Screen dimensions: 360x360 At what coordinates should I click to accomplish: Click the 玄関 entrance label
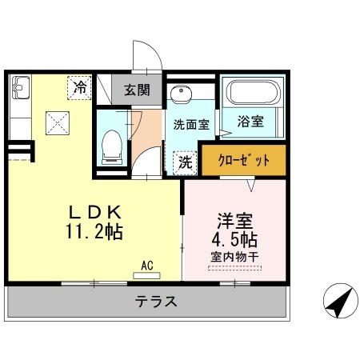tap(137, 89)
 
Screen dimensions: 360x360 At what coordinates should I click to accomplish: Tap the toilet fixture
tap(111, 146)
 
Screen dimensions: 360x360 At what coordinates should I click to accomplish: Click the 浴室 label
tap(251, 122)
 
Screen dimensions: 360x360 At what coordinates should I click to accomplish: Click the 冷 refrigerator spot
tap(80, 87)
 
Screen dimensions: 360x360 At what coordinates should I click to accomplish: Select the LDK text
tap(94, 213)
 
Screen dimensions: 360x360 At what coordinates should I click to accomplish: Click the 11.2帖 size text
tap(94, 233)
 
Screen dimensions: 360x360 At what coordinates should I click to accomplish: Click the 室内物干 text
tap(234, 258)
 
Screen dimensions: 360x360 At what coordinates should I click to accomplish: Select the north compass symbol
tap(339, 302)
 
